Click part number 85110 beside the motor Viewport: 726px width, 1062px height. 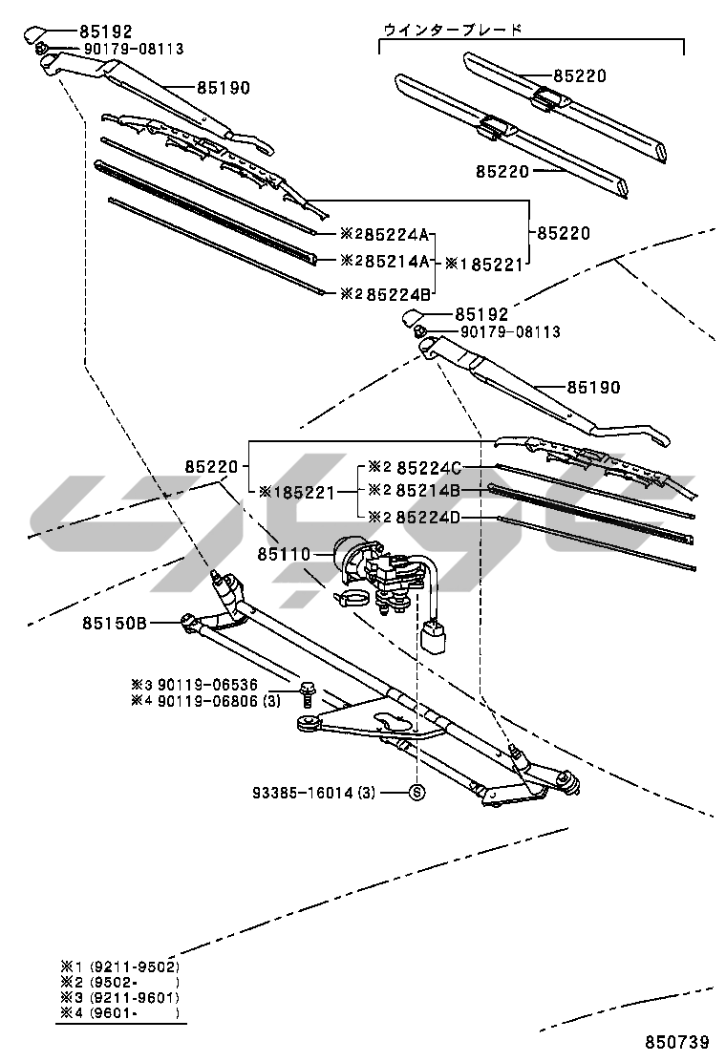(283, 554)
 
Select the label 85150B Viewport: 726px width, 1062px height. (114, 623)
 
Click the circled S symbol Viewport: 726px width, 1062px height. (416, 792)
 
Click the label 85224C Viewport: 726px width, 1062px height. (429, 468)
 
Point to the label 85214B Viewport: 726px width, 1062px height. (429, 491)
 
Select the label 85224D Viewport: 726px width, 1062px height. (429, 517)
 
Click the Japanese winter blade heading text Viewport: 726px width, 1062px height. (452, 30)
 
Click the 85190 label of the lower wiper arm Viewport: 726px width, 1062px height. (593, 388)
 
